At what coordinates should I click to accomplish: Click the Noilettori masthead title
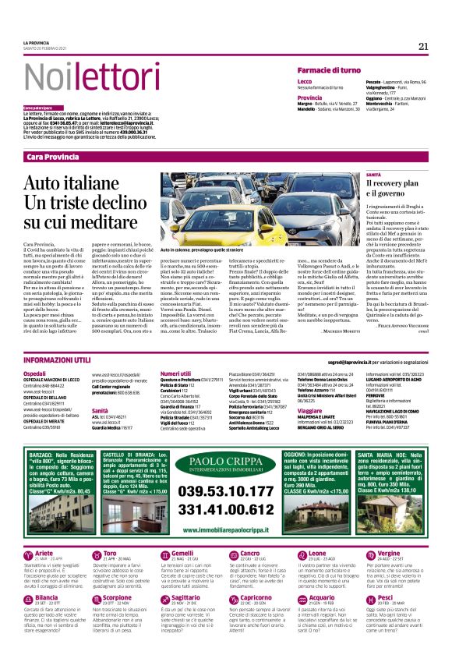pyautogui.click(x=82, y=77)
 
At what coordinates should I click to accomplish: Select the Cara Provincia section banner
pyautogui.click(x=52, y=158)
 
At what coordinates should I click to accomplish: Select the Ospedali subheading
pyautogui.click(x=35, y=374)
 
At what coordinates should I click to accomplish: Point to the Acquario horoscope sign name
pyautogui.click(x=312, y=598)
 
